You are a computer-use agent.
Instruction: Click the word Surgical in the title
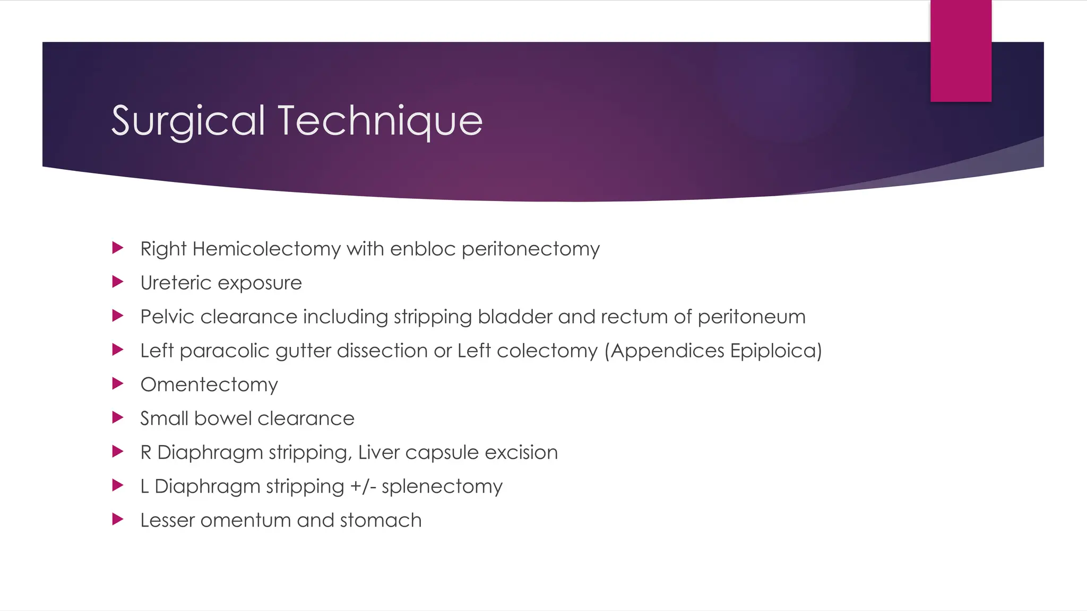(188, 121)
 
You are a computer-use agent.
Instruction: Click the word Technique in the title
(380, 121)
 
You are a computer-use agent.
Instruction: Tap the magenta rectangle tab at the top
(961, 50)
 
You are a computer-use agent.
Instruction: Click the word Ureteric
(176, 283)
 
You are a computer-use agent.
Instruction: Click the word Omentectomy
(209, 385)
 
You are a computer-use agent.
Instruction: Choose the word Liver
(378, 452)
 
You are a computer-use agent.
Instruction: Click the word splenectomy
(442, 486)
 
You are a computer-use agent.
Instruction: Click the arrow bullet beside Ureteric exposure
(118, 282)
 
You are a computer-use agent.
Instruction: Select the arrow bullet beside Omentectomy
(118, 383)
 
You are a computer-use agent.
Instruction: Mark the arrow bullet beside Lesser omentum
(118, 519)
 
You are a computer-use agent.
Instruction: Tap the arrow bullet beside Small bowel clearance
(118, 417)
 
